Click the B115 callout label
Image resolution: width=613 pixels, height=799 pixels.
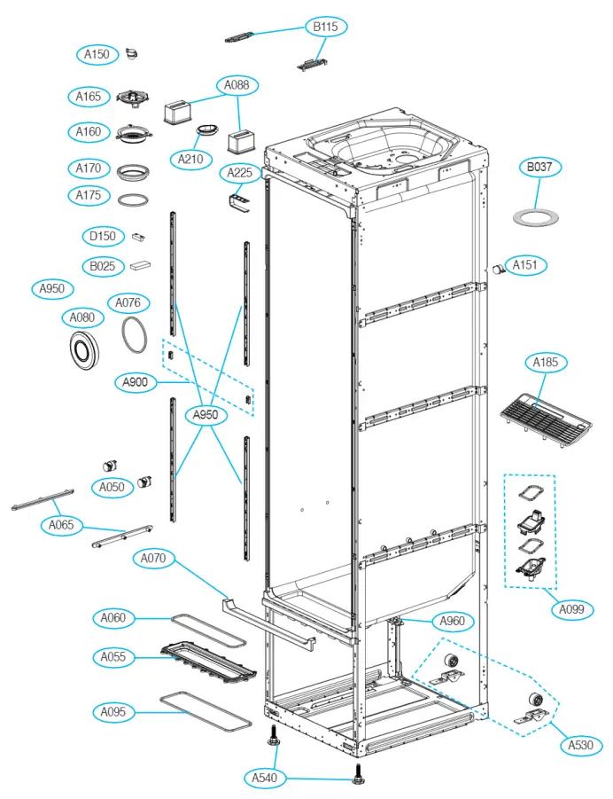[x=325, y=27]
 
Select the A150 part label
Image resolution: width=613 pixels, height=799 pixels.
[x=97, y=55]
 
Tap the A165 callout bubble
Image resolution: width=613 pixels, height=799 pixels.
[x=87, y=96]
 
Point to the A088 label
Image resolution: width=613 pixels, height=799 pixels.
[x=238, y=86]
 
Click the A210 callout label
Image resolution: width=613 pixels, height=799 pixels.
[x=190, y=160]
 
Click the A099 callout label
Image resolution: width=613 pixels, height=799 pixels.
[x=577, y=609]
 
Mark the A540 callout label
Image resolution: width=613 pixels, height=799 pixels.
[x=264, y=779]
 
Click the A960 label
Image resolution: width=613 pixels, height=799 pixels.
[x=451, y=621]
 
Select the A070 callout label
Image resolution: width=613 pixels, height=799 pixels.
[x=155, y=559]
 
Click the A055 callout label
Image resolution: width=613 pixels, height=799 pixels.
[x=113, y=657]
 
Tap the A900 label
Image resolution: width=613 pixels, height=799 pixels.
[x=136, y=383]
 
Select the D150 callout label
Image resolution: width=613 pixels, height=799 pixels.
[x=103, y=236]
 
